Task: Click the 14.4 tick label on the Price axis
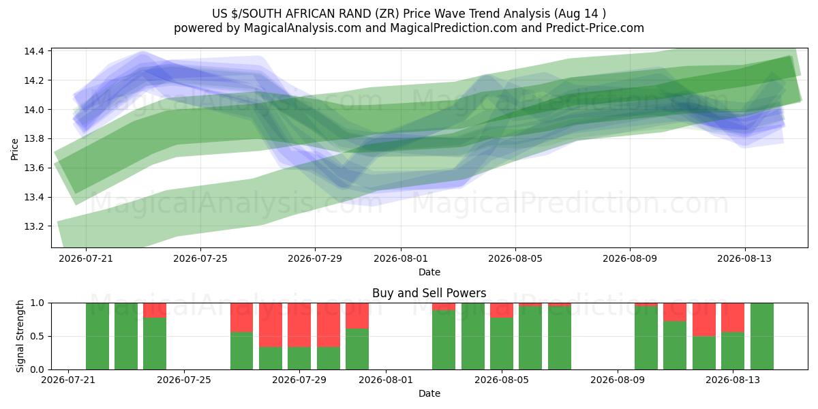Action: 34,51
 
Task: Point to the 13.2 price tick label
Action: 34,227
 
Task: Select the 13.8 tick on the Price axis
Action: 34,139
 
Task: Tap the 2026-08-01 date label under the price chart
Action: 401,258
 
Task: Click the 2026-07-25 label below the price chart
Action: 200,258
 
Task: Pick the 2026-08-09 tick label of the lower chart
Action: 618,380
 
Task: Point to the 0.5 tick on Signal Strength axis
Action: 37,336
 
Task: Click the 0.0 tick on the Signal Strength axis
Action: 37,369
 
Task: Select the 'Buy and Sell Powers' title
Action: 429,293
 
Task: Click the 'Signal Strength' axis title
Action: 20,336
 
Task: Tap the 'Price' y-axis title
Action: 14,149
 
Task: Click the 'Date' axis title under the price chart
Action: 429,272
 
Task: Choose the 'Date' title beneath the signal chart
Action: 429,393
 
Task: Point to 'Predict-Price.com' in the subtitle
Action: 595,28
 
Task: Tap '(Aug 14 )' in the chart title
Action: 580,14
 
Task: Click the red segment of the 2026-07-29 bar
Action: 299,325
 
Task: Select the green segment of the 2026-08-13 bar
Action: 733,351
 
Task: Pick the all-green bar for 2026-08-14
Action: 762,336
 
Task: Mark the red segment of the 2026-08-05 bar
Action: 502,310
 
